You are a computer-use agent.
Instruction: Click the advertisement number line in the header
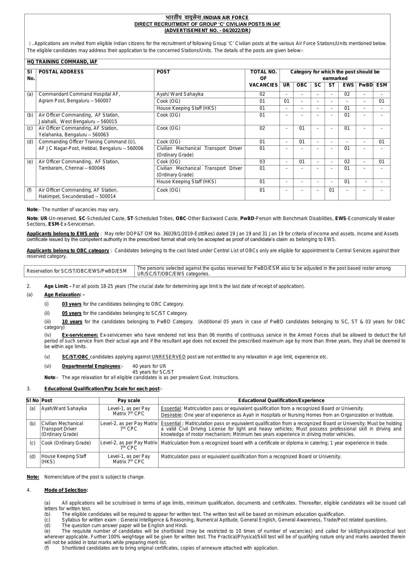pos(207,31)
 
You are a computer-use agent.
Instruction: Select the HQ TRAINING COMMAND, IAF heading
pos(62,62)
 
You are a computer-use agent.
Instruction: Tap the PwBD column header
pos(365,85)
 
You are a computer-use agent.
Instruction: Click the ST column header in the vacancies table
pos(331,85)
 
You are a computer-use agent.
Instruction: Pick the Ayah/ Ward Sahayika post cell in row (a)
pos(180,94)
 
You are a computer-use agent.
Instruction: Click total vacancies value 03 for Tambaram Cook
pos(262,162)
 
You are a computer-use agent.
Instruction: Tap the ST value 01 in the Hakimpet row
pos(331,190)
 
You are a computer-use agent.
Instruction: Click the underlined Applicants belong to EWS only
pos(63,233)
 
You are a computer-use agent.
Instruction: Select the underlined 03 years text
pos(72,304)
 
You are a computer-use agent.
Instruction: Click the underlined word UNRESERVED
pos(169,357)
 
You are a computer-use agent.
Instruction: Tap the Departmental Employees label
pos(91,366)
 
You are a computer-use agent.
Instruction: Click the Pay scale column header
pos(129,400)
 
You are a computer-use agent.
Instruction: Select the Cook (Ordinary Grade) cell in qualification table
pos(66,443)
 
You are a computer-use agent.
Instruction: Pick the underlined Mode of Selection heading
pos(65,490)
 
